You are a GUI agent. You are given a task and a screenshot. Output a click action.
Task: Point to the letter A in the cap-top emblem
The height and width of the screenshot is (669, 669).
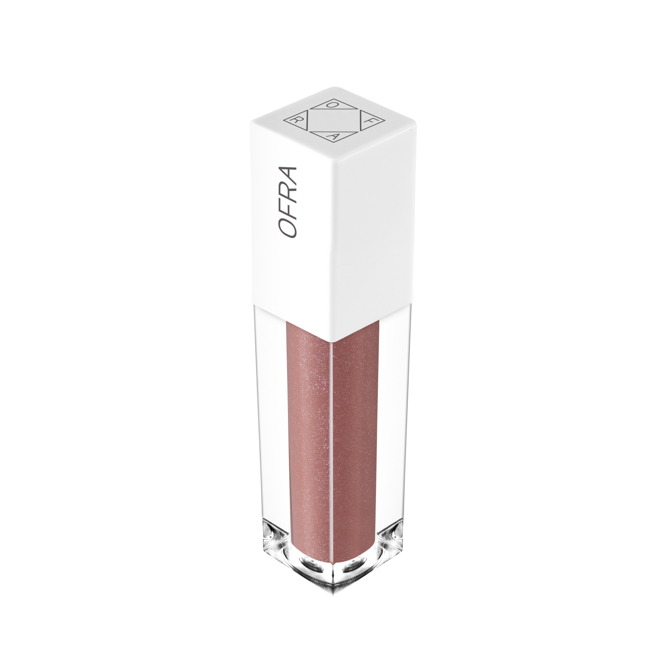[333, 137]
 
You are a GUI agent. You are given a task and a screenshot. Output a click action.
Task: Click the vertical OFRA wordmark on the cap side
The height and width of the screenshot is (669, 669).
[288, 202]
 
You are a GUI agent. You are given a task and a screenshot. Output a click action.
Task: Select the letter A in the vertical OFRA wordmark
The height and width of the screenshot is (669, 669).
[288, 175]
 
